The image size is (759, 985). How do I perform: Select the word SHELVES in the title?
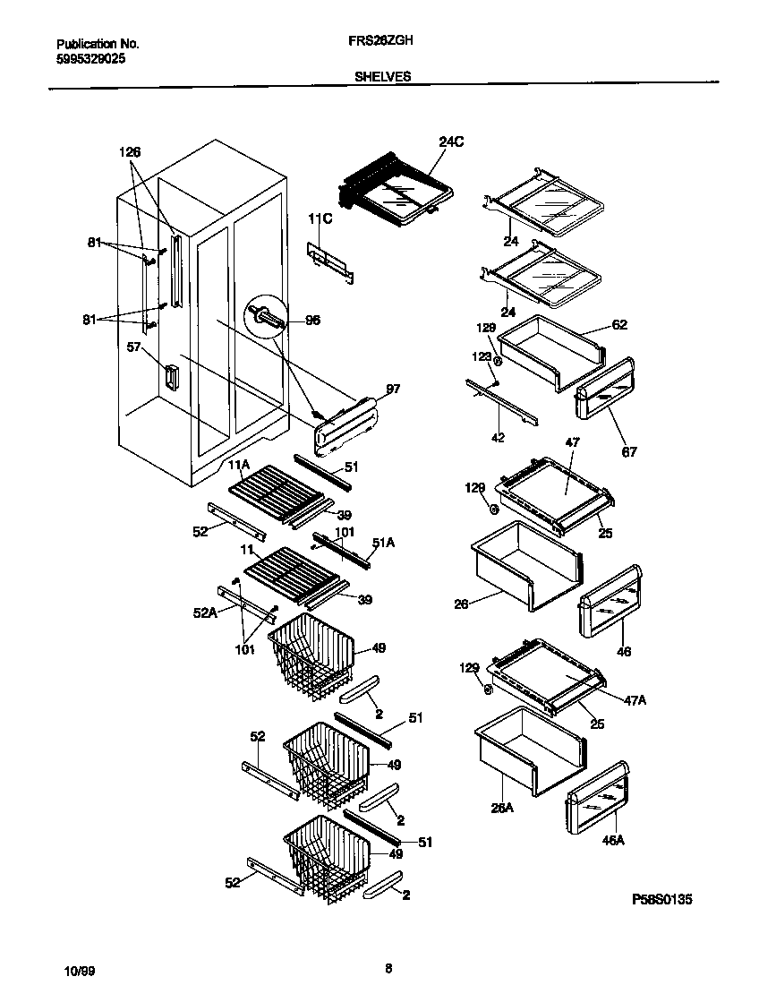coord(382,77)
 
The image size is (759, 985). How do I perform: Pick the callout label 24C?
coord(452,141)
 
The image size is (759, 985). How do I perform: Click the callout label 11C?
coord(320,218)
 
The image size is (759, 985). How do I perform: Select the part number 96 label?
coord(312,320)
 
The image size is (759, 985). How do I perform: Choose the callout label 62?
coord(619,325)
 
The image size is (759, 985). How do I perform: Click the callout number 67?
coord(629,451)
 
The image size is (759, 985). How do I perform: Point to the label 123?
coord(482,356)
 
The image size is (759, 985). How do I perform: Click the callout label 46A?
coord(613,840)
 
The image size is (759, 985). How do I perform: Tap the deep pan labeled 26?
coord(524,571)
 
